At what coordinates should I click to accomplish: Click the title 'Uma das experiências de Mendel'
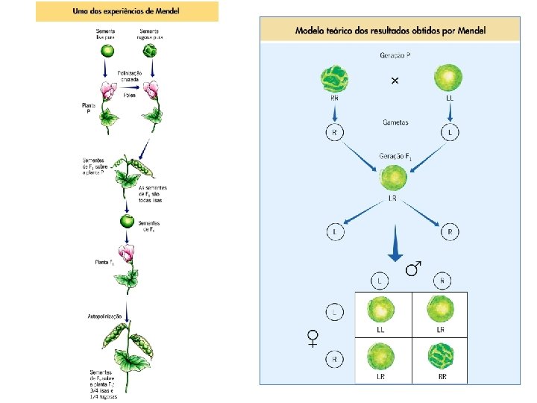point(127,11)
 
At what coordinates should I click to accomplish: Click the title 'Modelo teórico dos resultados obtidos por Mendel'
point(390,31)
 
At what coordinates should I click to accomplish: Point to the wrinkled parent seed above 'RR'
point(334,80)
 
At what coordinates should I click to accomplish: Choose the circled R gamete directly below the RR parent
point(334,133)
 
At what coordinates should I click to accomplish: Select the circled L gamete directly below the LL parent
point(450,133)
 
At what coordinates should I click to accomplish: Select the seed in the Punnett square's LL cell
point(381,309)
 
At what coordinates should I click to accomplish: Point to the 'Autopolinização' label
point(105,316)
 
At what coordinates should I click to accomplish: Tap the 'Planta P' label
point(89,109)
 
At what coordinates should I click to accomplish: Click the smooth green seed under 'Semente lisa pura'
point(108,51)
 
